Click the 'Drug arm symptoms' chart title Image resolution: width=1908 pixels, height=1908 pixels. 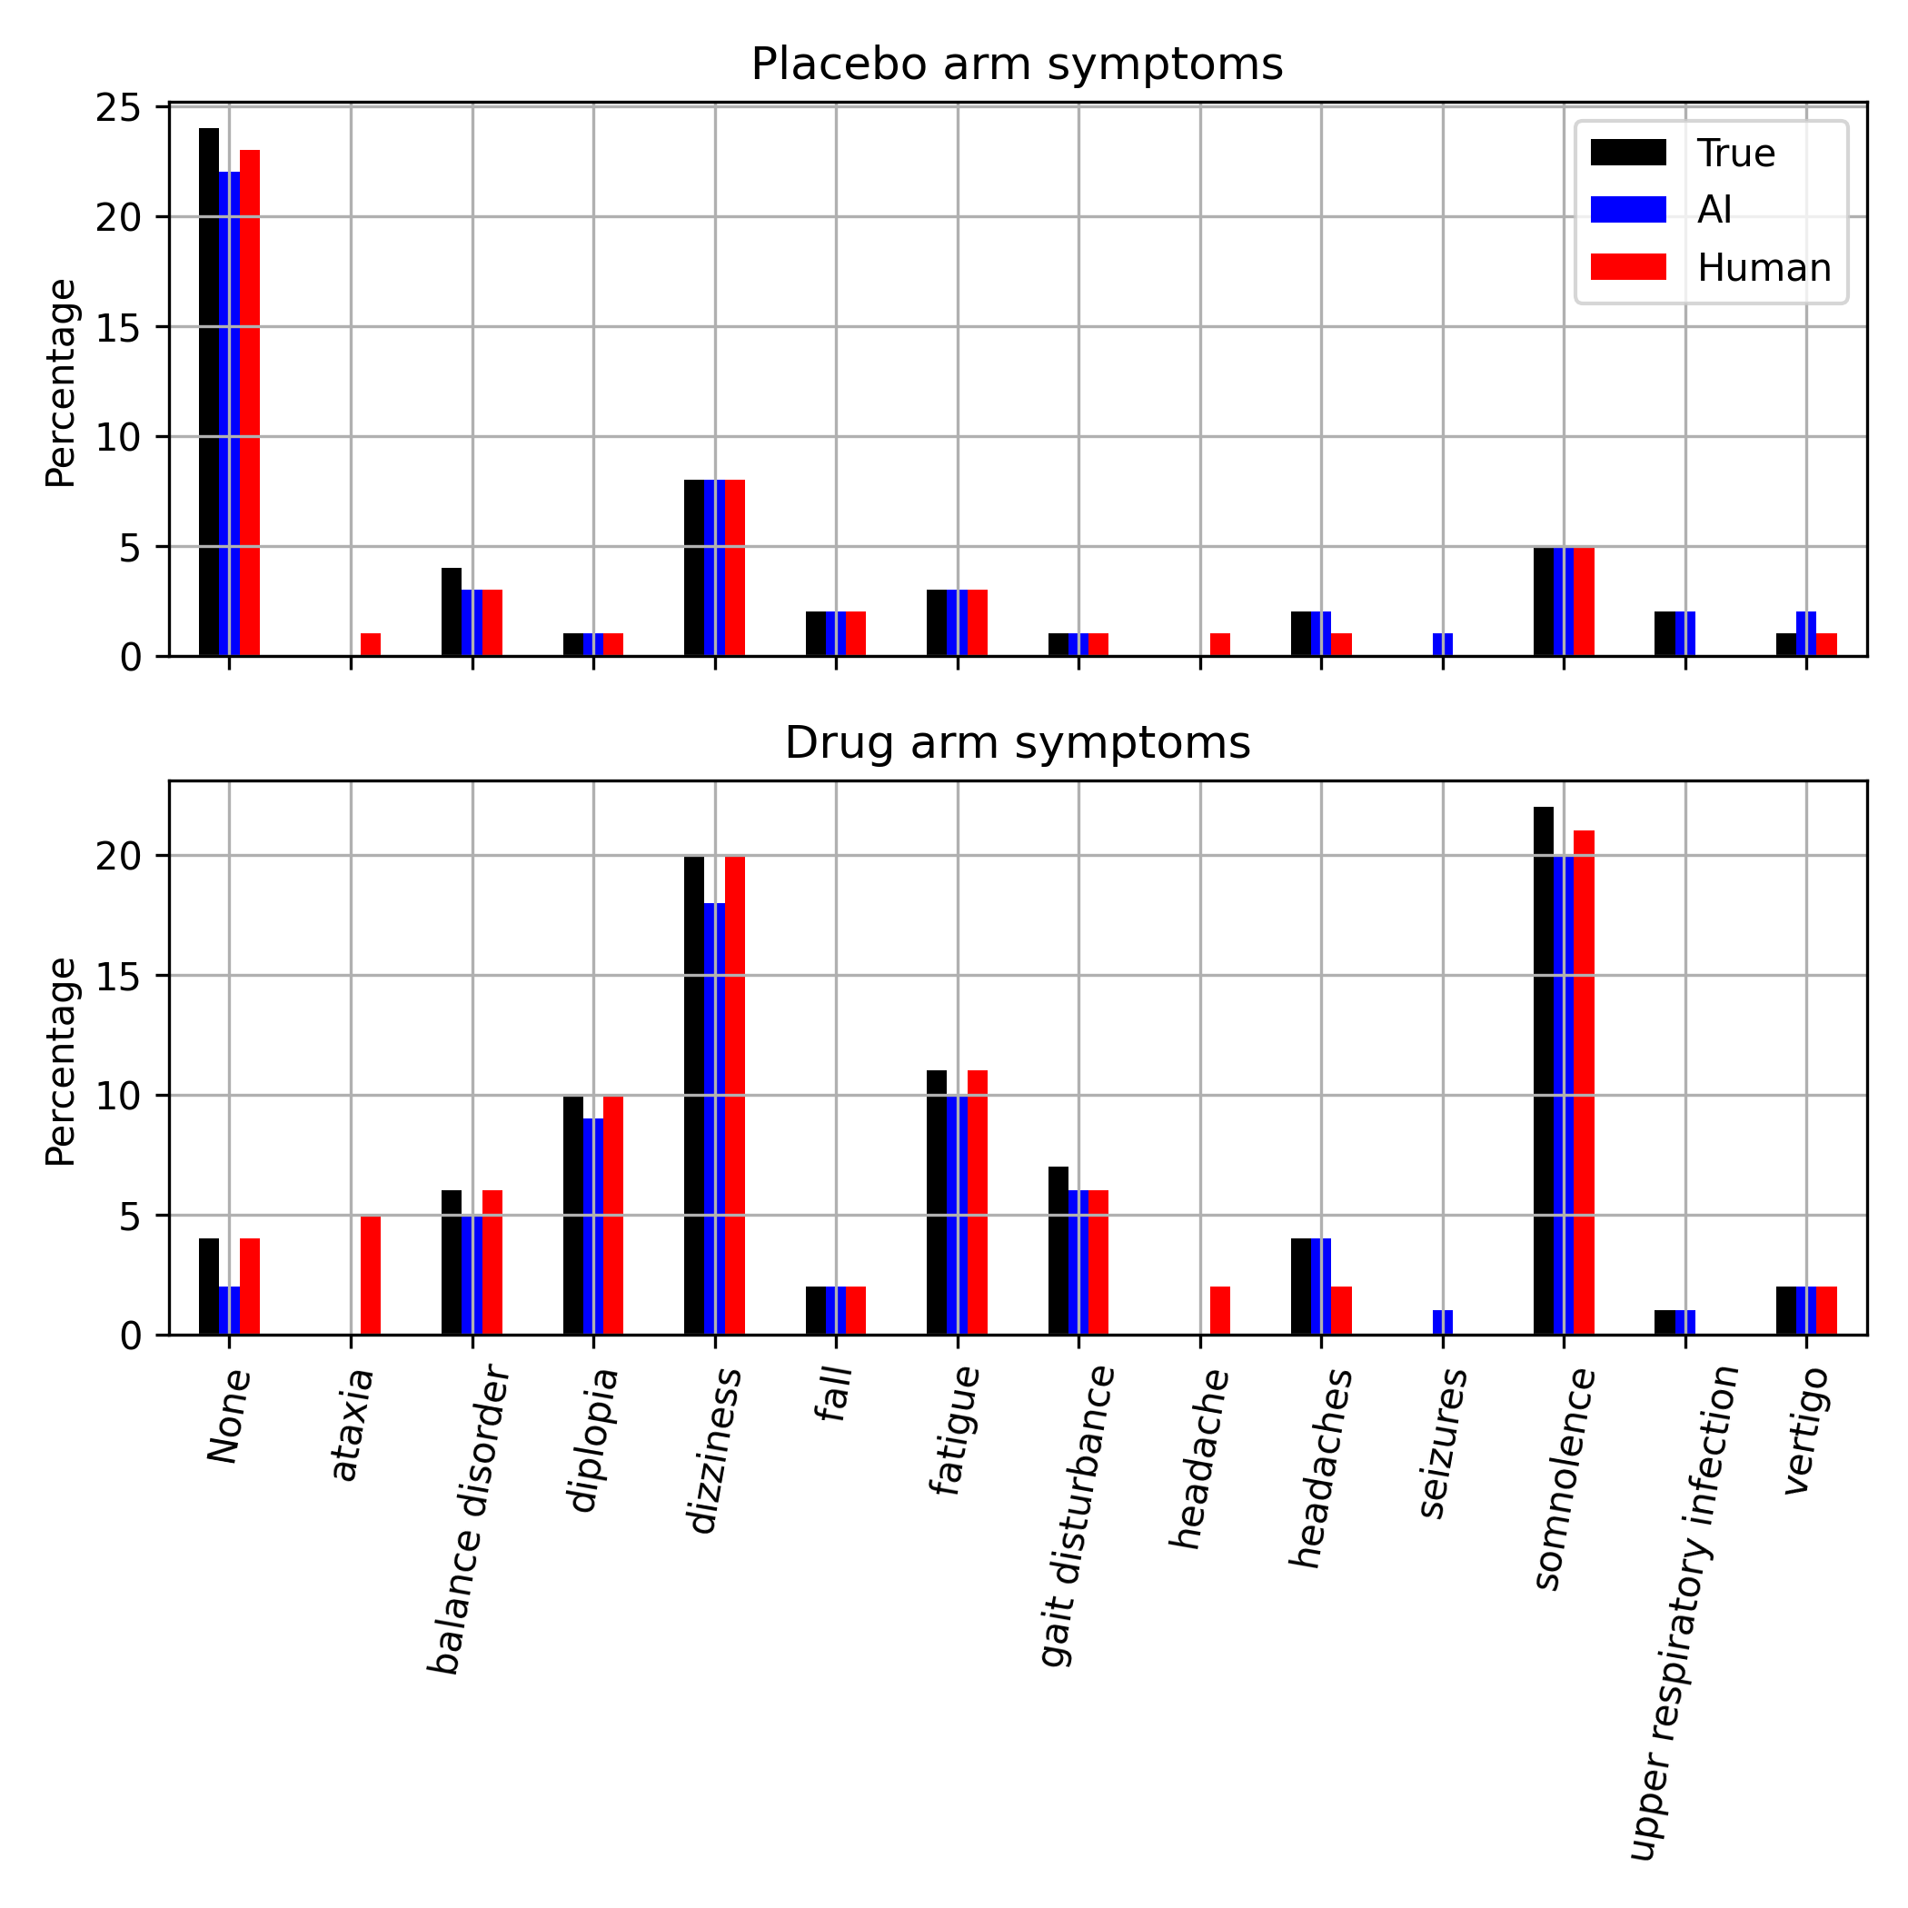(x=1018, y=743)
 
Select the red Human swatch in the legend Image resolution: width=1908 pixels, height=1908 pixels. (x=1627, y=266)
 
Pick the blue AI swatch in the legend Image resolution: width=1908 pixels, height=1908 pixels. (x=1627, y=209)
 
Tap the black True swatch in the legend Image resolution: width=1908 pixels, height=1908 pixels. (x=1627, y=152)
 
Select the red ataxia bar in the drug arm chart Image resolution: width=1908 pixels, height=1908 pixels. (x=371, y=1275)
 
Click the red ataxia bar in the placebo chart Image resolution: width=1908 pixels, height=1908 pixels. (x=371, y=644)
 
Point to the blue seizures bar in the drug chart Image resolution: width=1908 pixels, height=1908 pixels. (x=1442, y=1322)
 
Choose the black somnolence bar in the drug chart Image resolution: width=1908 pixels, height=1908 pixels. (x=1543, y=1070)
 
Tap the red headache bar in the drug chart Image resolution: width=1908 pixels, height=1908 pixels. (x=1219, y=1310)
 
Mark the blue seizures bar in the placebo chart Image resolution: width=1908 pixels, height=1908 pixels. (x=1442, y=644)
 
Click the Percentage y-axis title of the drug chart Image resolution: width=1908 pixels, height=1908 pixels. (x=61, y=1060)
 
